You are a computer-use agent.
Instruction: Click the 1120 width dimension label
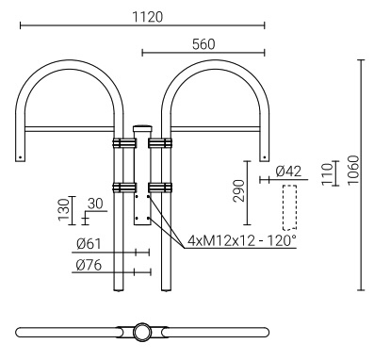coord(147,17)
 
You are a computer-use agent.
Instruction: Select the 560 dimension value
coord(203,44)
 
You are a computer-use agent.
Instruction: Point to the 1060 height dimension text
coord(353,171)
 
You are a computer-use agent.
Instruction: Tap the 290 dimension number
coord(238,190)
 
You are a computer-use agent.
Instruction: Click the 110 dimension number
coord(327,174)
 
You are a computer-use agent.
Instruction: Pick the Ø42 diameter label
coord(288,172)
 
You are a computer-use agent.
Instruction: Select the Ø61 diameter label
coord(89,244)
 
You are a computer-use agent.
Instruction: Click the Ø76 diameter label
coord(89,266)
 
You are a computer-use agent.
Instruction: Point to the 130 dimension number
coord(64,209)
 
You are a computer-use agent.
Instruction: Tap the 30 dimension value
coord(95,204)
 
